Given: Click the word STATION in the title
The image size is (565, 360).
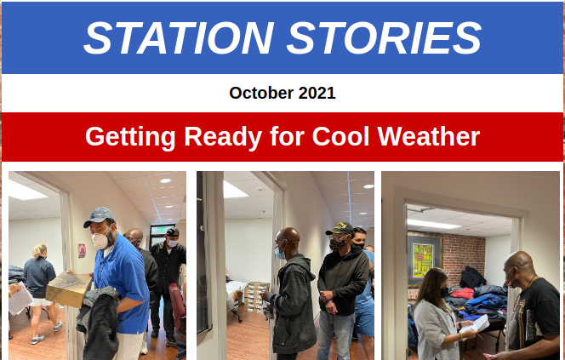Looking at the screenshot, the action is [179, 37].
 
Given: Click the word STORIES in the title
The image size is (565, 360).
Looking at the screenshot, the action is [384, 37].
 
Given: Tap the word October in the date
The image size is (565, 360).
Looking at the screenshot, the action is [261, 93].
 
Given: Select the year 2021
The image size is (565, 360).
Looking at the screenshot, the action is [317, 93].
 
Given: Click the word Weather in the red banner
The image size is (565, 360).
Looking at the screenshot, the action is [429, 136].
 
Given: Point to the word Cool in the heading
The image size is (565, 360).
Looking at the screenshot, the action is [340, 136].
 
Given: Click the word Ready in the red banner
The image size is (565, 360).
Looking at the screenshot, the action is [223, 137].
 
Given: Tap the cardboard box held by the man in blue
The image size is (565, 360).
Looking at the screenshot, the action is [68, 289].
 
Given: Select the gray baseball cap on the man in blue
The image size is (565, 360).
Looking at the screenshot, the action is [98, 216].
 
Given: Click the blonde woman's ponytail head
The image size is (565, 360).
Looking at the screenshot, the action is [39, 251].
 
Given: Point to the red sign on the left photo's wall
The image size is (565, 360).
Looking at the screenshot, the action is [82, 250].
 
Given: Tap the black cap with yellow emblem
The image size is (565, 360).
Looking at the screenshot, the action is [340, 229].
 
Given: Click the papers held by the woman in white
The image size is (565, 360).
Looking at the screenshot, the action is [476, 324].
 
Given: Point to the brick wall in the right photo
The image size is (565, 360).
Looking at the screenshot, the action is [464, 256].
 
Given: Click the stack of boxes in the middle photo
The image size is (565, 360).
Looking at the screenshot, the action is [256, 296].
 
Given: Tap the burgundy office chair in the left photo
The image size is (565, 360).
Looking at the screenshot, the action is [178, 306].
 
